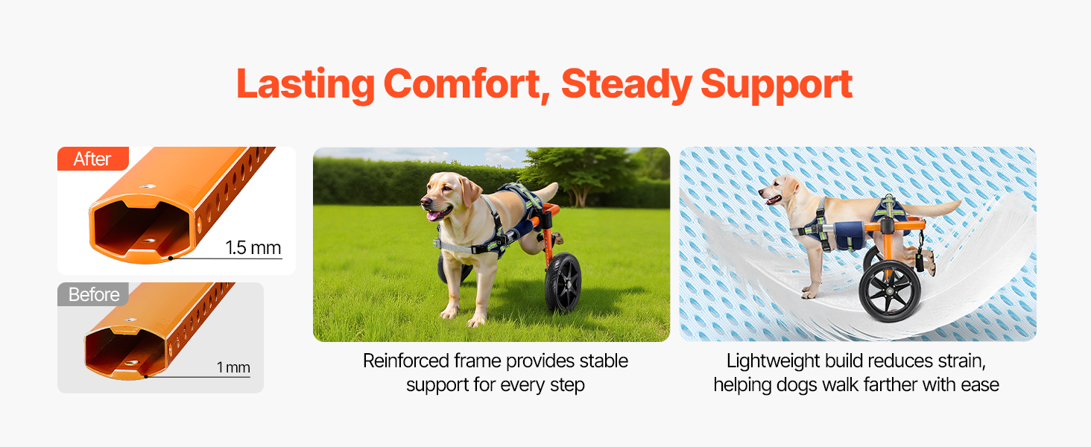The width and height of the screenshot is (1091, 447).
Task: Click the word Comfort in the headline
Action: [x=463, y=85]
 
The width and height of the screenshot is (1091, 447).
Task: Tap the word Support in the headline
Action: [x=777, y=86]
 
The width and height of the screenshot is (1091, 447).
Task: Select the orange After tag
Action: [x=93, y=159]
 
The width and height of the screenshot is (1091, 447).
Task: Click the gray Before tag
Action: [x=93, y=294]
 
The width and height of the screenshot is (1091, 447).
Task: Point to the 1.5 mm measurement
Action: [x=253, y=248]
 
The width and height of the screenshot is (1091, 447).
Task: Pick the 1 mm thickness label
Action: [x=233, y=367]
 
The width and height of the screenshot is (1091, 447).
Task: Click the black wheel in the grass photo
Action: [x=563, y=282]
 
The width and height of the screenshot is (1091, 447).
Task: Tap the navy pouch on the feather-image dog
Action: [x=849, y=235]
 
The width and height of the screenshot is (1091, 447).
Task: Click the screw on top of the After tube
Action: [x=147, y=186]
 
